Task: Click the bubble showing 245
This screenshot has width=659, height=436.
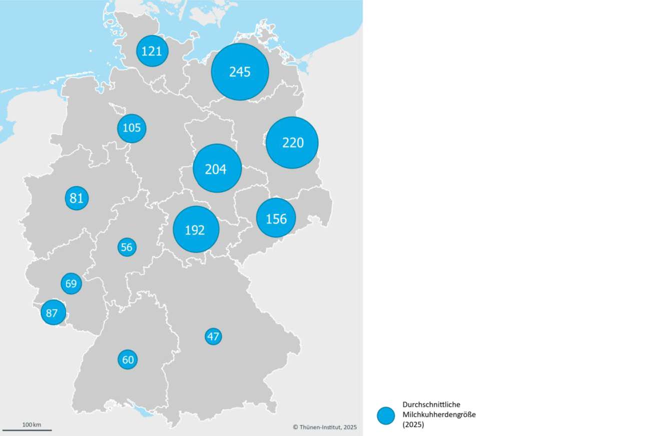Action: point(240,72)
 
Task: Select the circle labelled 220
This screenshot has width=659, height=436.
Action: point(292,142)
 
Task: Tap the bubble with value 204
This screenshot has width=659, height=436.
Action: point(217,168)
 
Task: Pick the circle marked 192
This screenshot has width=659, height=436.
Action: point(196,229)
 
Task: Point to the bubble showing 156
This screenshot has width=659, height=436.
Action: point(276,218)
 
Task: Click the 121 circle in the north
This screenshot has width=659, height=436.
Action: point(152,51)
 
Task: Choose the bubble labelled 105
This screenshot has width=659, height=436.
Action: point(132,128)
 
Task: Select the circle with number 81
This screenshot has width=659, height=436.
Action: point(77,198)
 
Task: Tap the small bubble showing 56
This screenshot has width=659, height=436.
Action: point(127,247)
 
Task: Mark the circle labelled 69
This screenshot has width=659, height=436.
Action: point(71,283)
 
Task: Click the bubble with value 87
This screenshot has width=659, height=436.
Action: point(53,313)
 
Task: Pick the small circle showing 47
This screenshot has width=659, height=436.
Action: point(213,336)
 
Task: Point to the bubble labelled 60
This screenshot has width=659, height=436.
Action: point(128,359)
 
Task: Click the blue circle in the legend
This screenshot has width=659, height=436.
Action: point(386,415)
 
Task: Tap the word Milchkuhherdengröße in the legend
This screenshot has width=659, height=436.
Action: point(439,414)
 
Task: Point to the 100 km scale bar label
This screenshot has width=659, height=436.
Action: point(32,424)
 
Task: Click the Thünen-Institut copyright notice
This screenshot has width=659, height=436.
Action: point(325,427)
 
